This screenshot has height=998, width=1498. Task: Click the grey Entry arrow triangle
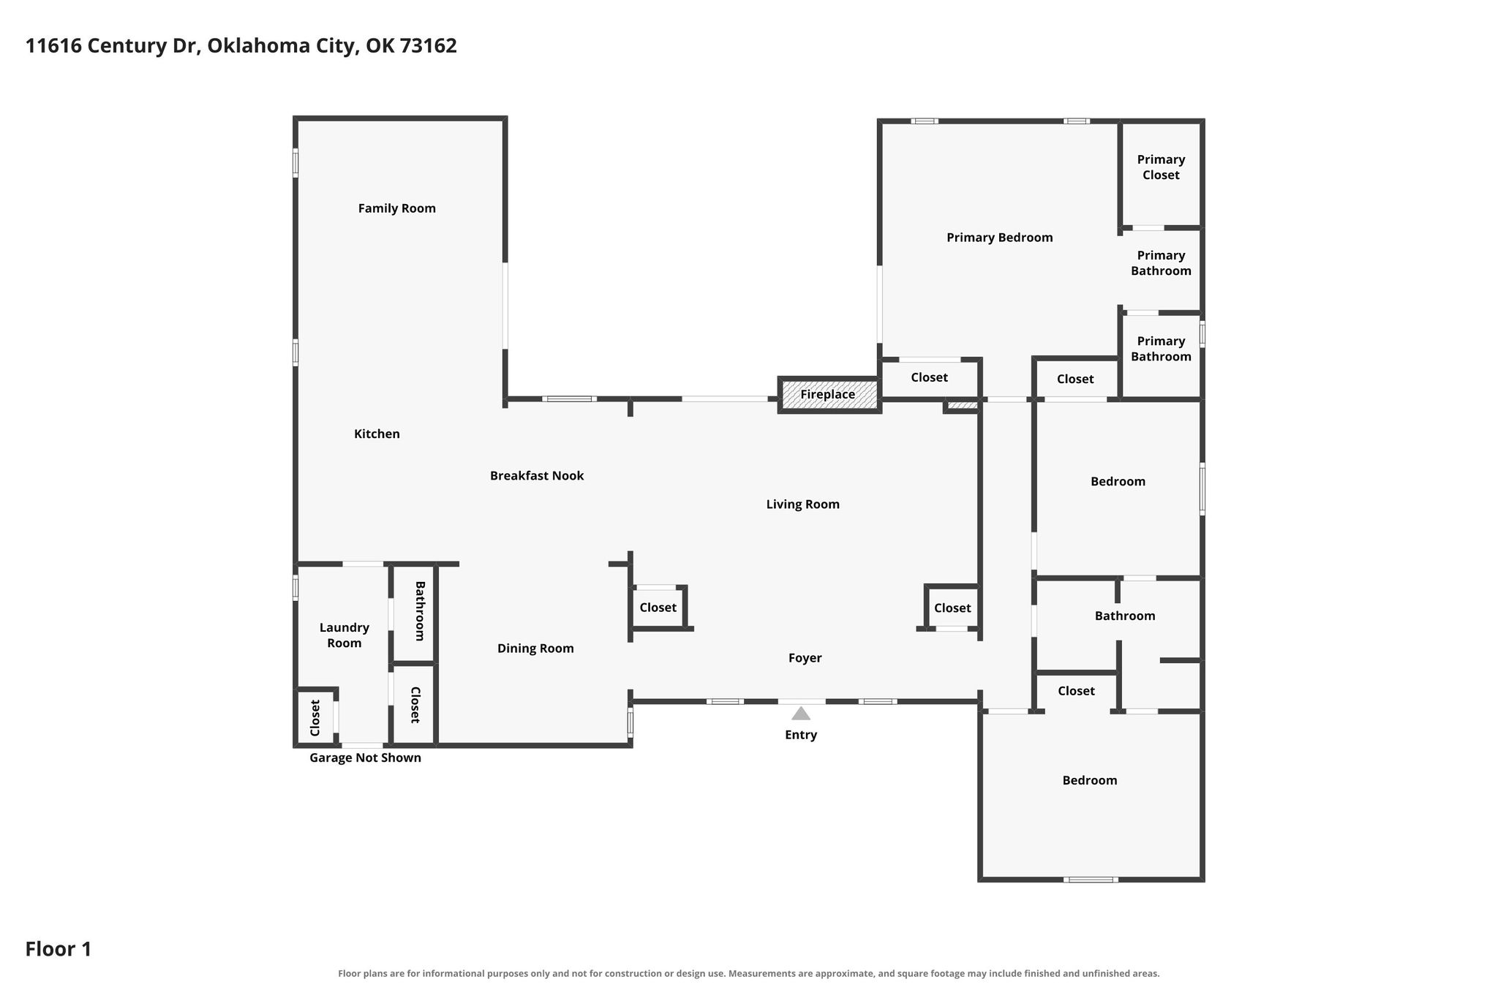point(801,714)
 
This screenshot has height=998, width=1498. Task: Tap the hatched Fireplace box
point(829,395)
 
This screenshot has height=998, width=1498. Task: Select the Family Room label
point(397,208)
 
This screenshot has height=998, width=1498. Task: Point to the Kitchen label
point(377,434)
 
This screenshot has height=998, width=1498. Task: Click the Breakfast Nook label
point(537,476)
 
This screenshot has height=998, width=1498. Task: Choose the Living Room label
point(803,504)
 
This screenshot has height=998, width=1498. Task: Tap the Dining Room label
point(535,649)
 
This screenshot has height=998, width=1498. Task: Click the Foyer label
point(805,658)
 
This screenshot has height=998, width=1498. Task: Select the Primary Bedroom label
point(1000,238)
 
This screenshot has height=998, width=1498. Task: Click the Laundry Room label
point(345,635)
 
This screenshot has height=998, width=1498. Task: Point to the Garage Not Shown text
point(365,758)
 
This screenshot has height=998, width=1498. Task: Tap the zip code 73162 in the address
point(429,46)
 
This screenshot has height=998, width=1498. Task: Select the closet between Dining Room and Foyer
point(658,608)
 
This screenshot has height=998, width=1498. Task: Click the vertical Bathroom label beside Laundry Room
point(420,611)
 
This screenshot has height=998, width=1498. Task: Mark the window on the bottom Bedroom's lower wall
point(1091,880)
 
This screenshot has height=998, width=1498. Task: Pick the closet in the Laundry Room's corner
point(315,717)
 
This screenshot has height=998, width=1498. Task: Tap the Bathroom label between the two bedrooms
point(1125,616)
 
